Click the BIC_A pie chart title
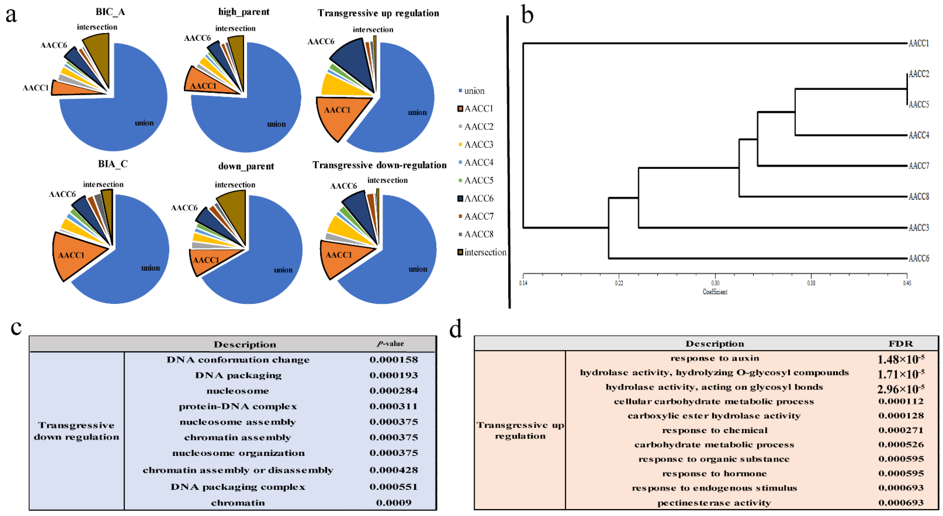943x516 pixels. point(110,12)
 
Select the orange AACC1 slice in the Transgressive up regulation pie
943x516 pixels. point(338,115)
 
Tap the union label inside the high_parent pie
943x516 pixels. point(276,124)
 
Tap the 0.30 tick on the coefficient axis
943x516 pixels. point(715,283)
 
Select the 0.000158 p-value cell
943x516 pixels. point(393,360)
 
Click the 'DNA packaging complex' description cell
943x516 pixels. point(238,487)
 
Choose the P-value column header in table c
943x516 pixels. point(390,343)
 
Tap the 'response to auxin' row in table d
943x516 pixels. point(714,358)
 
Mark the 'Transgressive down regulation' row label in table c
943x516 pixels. point(76,431)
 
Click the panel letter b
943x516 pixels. point(527,15)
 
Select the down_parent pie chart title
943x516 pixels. point(246,166)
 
